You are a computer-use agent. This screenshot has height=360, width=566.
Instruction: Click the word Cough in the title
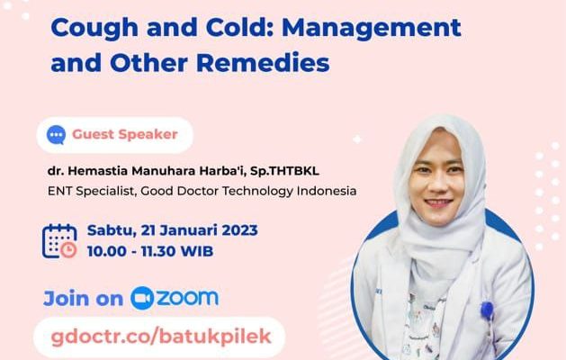coord(94,29)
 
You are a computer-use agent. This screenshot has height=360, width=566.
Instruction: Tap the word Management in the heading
coord(372,28)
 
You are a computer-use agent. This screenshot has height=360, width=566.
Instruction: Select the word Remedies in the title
coord(263,63)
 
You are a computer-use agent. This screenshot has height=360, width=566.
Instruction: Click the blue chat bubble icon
coord(56,135)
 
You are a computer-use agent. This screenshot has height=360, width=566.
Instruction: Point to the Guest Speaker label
coord(125,134)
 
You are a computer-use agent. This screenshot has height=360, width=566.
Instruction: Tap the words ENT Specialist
coord(91,191)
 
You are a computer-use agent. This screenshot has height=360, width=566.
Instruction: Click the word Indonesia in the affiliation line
coord(327,190)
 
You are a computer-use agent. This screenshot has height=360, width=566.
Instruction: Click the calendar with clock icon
coord(59,241)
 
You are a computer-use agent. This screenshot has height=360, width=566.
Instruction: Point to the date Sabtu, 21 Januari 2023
coord(173,230)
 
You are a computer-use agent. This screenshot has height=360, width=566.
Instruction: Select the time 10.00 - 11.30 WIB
coord(150,251)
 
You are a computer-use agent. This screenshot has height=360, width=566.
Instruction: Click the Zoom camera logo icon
coord(142,298)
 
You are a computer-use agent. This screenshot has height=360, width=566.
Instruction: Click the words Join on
coord(84,299)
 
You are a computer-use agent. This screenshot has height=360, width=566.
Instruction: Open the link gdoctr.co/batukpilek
coord(161,337)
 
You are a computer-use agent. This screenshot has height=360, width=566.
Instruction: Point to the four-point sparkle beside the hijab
coord(357,139)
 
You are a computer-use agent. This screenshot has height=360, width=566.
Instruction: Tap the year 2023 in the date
coord(239,230)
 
